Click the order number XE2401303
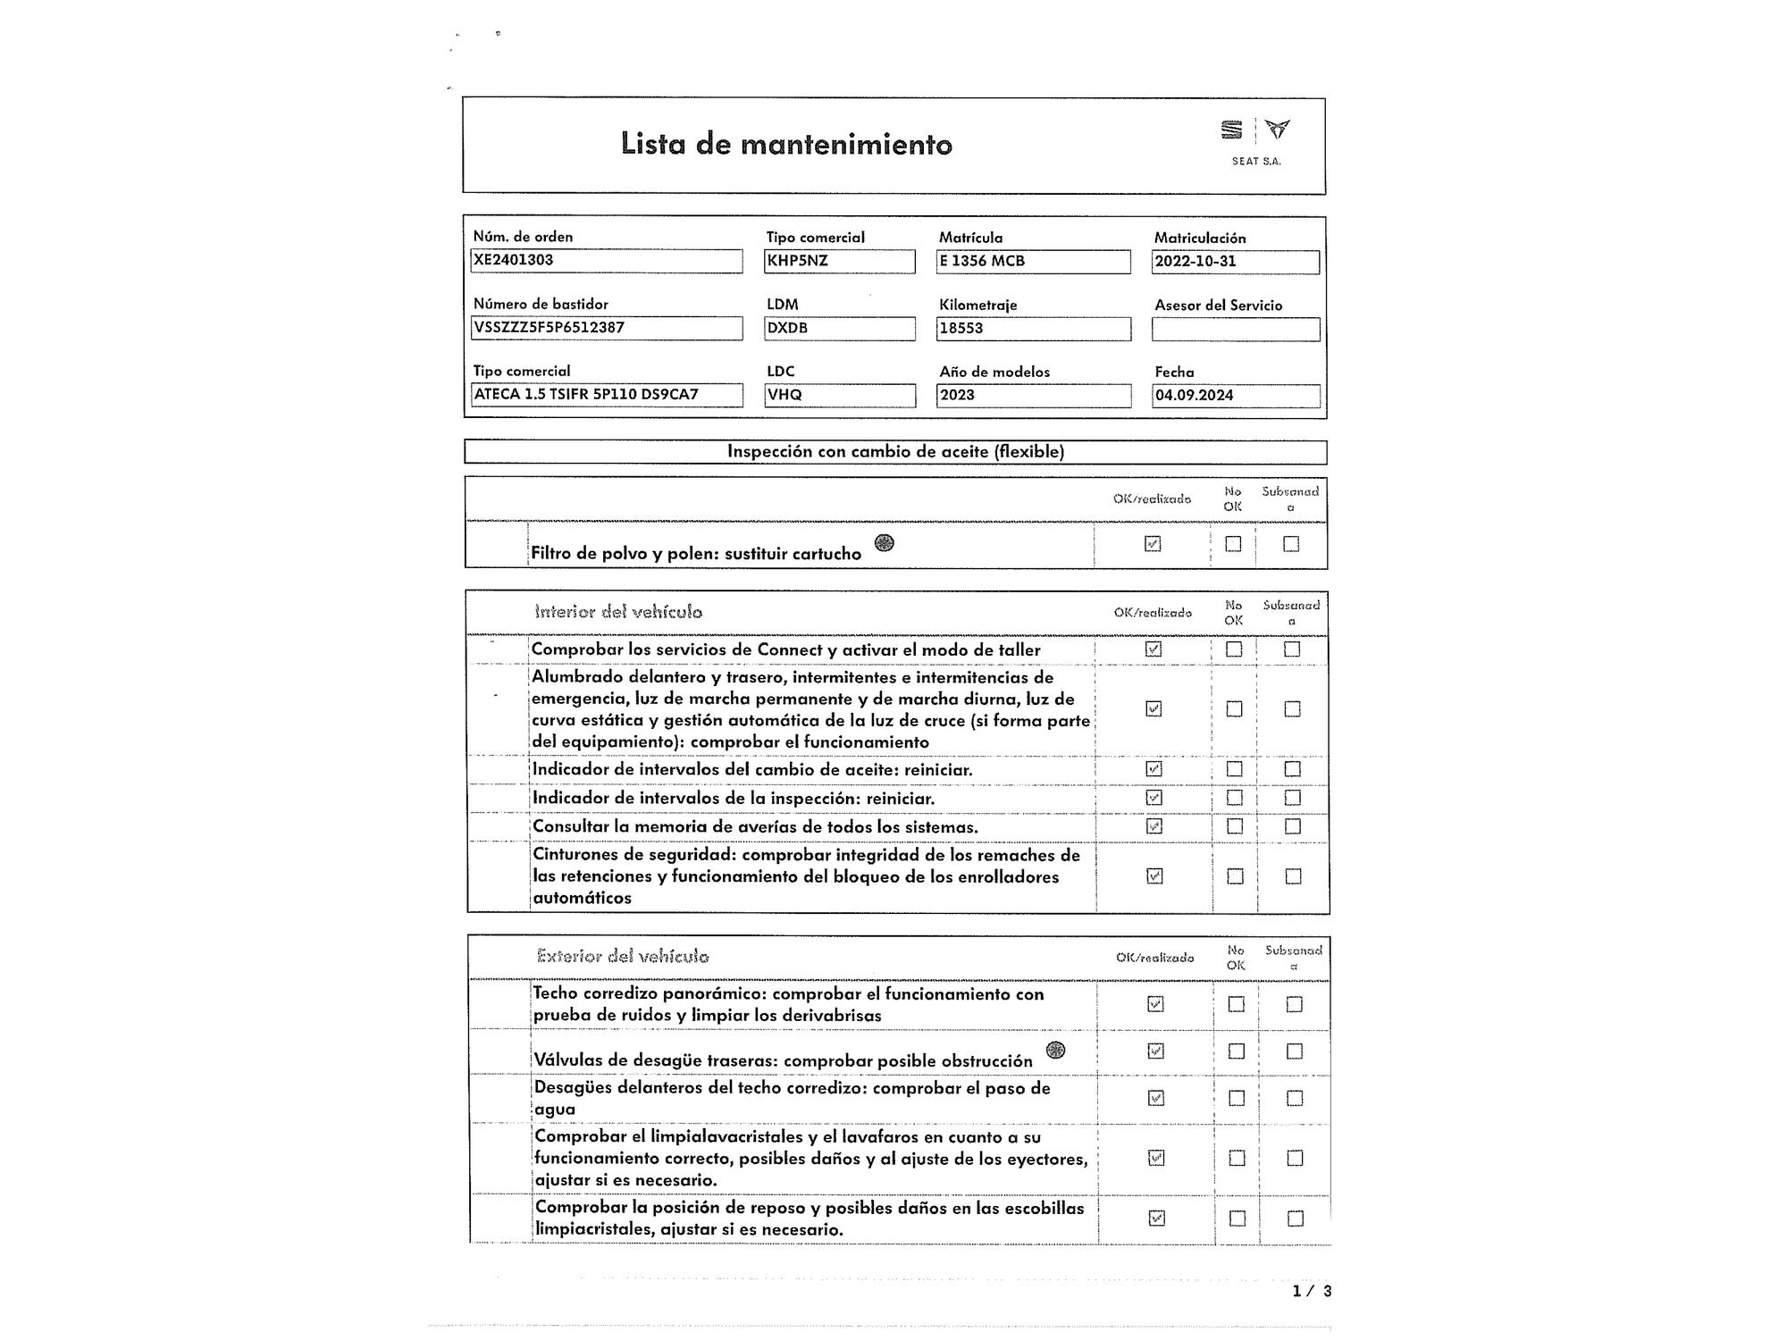point(514,260)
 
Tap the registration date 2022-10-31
point(1196,262)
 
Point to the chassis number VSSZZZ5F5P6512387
point(549,327)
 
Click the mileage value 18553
point(961,328)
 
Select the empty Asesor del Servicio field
point(1235,330)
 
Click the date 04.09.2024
point(1195,395)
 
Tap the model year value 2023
point(957,395)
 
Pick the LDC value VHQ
point(784,395)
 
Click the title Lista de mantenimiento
point(786,144)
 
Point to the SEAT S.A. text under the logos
point(1256,162)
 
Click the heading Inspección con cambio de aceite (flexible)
point(895,451)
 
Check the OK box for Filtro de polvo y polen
point(1153,543)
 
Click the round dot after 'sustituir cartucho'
point(884,542)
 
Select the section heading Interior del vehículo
point(618,612)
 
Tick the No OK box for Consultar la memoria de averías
point(1234,826)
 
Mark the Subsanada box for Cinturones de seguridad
point(1293,876)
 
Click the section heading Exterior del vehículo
point(623,956)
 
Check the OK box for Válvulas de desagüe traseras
point(1155,1051)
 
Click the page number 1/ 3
point(1312,1291)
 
